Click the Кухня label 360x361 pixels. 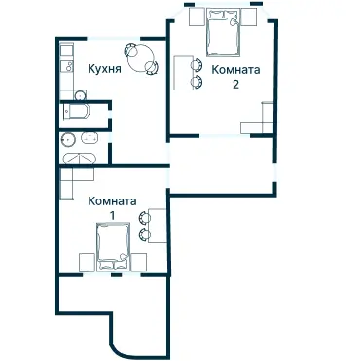pyautogui.click(x=104, y=69)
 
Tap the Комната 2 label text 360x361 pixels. pyautogui.click(x=235, y=77)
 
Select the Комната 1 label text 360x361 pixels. pyautogui.click(x=112, y=208)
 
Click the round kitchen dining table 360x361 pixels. pyautogui.click(x=140, y=58)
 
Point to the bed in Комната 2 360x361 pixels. pyautogui.click(x=224, y=32)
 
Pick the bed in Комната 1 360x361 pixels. pyautogui.click(x=114, y=246)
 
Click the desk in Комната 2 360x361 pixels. pyautogui.click(x=183, y=73)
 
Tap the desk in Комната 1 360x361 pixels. pyautogui.click(x=158, y=226)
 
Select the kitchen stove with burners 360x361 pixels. pyautogui.click(x=67, y=66)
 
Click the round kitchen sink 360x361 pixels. pyautogui.click(x=80, y=95)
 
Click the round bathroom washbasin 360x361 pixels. pyautogui.click(x=68, y=139)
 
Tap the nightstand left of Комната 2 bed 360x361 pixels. pyautogui.click(x=197, y=17)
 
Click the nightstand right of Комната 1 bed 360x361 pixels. pyautogui.click(x=139, y=262)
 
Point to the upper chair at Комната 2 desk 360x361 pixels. pyautogui.click(x=197, y=64)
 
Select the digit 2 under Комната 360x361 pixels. pyautogui.click(x=235, y=85)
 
